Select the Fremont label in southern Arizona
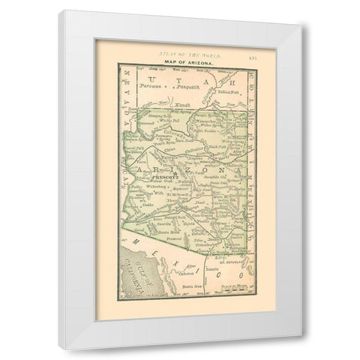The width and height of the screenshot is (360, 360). [x=178, y=237]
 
